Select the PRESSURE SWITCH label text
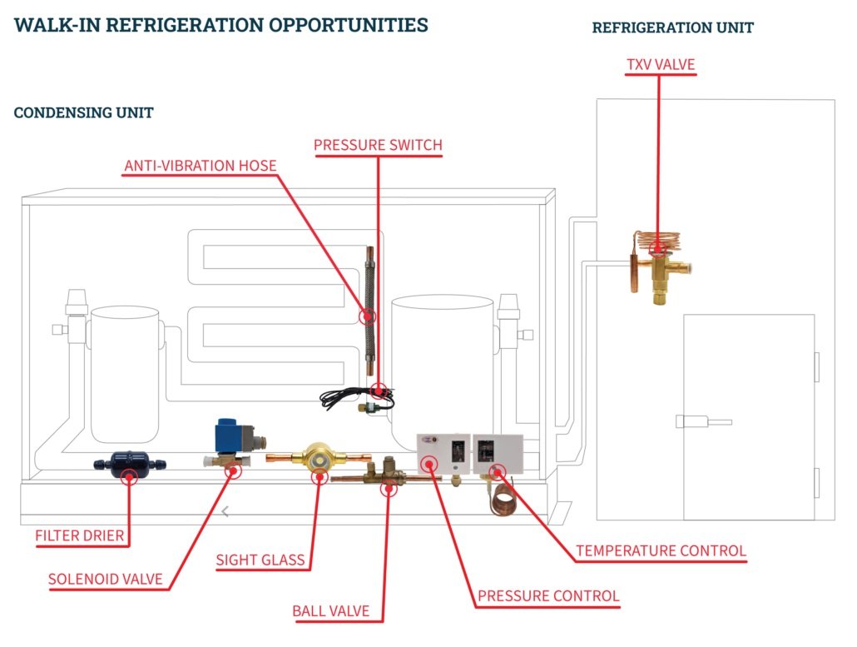click(378, 146)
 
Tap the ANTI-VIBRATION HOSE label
click(200, 167)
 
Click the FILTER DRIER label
click(80, 535)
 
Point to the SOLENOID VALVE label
click(105, 580)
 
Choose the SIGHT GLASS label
click(260, 560)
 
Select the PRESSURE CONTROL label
click(548, 596)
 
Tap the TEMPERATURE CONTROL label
click(661, 551)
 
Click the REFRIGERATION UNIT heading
click(672, 28)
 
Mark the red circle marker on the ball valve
click(389, 489)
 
